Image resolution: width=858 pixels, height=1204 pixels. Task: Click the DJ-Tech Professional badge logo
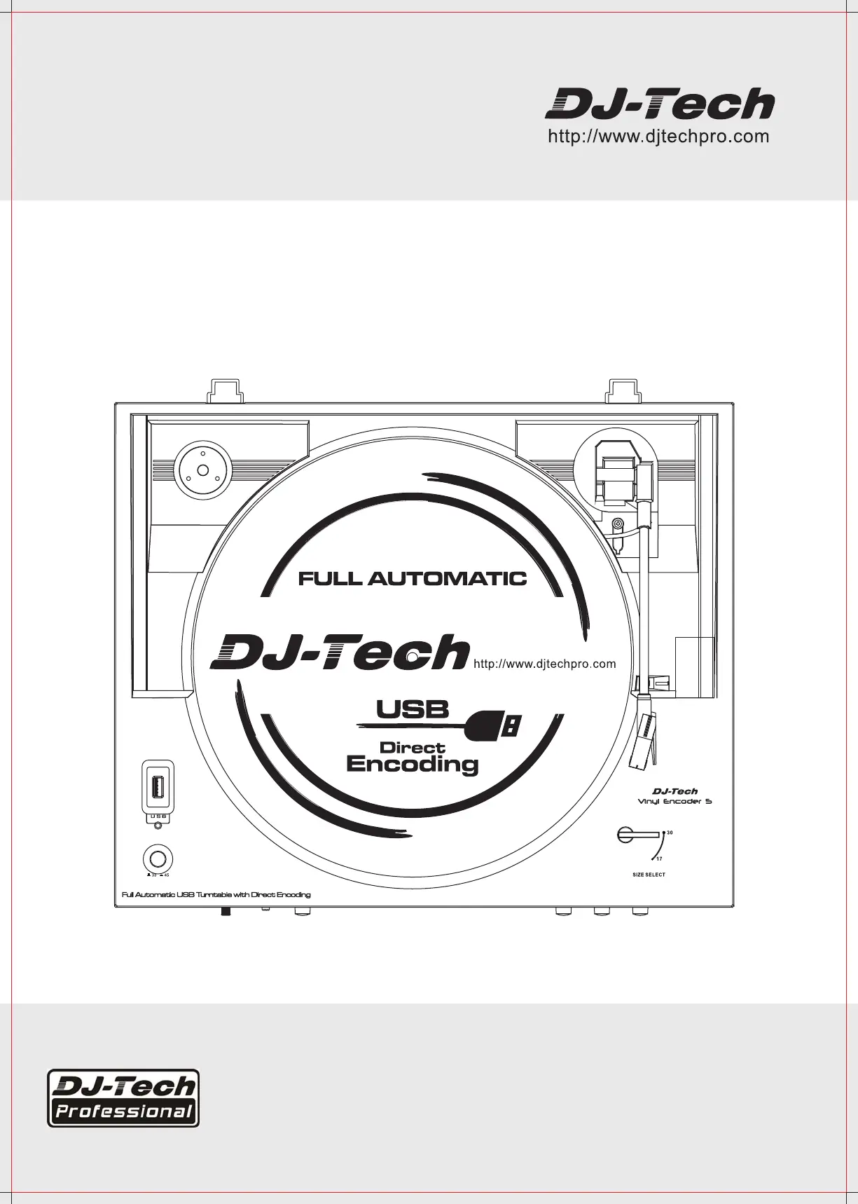[x=123, y=1097]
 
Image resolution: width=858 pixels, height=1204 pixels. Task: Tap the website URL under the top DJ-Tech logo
[x=658, y=137]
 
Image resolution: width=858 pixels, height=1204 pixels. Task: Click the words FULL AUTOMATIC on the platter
[x=412, y=579]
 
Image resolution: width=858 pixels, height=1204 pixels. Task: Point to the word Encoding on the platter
[x=412, y=764]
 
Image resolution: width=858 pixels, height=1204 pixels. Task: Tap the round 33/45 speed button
[x=158, y=859]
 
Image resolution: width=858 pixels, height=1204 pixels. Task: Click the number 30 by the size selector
[x=670, y=833]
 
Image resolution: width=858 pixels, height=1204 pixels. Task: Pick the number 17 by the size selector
[x=660, y=859]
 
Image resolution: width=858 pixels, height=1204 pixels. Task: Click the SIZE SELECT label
[x=649, y=875]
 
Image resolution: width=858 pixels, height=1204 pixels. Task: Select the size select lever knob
[x=625, y=834]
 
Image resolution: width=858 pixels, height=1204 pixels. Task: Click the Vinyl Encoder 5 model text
[x=674, y=801]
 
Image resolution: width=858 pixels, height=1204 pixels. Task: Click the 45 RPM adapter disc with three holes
[x=202, y=471]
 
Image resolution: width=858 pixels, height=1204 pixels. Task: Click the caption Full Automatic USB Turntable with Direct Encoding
[x=216, y=895]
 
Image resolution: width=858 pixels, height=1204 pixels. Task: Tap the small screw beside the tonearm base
[x=617, y=524]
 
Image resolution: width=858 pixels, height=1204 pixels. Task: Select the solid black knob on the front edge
[x=226, y=912]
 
